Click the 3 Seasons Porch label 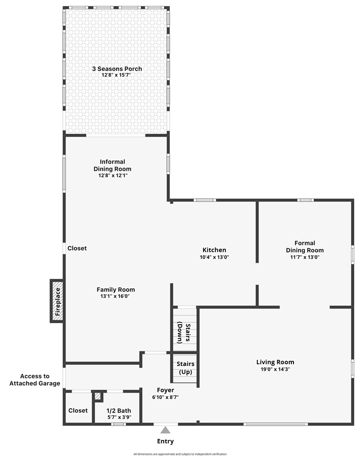(x=117, y=69)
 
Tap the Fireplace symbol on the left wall (x=58, y=301)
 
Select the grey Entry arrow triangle (x=165, y=430)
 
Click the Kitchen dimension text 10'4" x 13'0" (x=214, y=257)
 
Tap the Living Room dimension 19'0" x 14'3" (x=275, y=369)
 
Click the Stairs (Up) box (x=185, y=368)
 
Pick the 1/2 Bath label (x=118, y=411)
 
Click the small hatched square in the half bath (x=98, y=396)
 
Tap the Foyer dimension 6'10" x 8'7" (x=165, y=397)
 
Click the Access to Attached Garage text (x=35, y=379)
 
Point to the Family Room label (x=116, y=289)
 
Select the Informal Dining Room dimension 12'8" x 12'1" (x=112, y=175)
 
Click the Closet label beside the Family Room (x=77, y=248)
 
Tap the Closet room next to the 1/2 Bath (x=78, y=410)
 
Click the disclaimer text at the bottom (x=180, y=454)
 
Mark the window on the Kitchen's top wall (x=205, y=200)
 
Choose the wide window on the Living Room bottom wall (x=275, y=424)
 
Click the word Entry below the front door (x=165, y=441)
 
